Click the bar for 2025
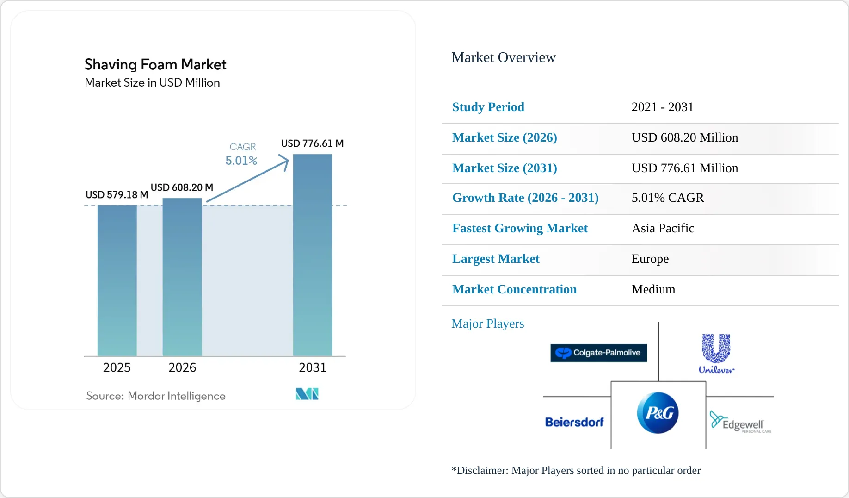(x=117, y=280)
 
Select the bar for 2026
(x=182, y=277)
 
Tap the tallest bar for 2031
(x=313, y=255)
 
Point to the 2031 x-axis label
(x=313, y=367)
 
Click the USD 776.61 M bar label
(x=312, y=143)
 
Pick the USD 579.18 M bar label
(x=117, y=195)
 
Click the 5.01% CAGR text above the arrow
(x=241, y=161)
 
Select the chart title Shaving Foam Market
(x=155, y=64)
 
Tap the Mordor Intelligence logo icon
(x=307, y=394)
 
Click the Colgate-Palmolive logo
(x=598, y=353)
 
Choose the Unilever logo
(x=716, y=354)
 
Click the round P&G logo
(x=658, y=413)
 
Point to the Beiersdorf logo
(x=574, y=422)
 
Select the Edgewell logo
(x=740, y=422)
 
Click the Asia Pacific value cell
(x=663, y=228)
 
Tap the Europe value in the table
(x=650, y=259)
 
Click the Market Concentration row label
(x=514, y=289)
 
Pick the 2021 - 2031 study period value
(x=663, y=107)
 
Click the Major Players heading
(x=488, y=324)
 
